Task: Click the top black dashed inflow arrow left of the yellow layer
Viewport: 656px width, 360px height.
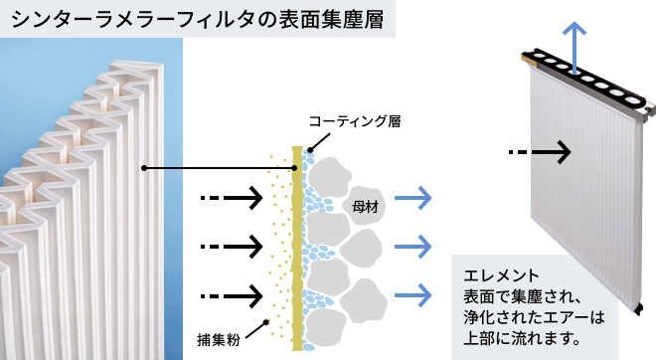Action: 231,198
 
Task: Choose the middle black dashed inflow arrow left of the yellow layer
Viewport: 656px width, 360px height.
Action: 231,245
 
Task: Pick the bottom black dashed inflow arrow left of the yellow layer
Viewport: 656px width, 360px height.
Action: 231,294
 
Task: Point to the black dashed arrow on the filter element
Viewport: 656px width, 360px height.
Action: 540,152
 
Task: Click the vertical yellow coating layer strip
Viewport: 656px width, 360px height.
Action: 295,249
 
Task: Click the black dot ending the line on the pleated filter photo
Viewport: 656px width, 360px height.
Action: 144,167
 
